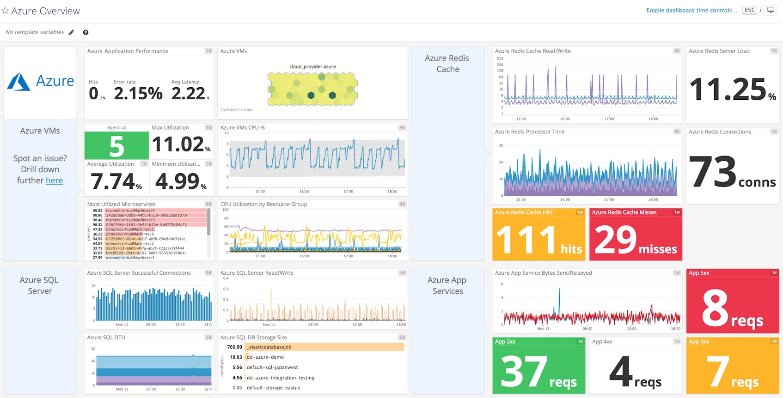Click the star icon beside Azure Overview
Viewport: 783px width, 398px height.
click(6, 11)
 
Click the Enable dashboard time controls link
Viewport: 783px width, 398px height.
click(691, 10)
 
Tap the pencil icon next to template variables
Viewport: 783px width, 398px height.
click(71, 32)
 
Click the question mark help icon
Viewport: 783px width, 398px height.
click(86, 32)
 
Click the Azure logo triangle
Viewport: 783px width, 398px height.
click(18, 82)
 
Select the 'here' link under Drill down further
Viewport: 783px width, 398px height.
click(54, 181)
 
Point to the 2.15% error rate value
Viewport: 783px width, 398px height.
click(138, 94)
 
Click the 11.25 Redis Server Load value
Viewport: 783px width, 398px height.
click(728, 90)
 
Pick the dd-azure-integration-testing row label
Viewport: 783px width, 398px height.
click(280, 378)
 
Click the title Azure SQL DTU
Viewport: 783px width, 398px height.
click(106, 338)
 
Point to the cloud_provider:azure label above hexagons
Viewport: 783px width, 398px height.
click(312, 66)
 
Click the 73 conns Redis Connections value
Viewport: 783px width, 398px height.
click(732, 172)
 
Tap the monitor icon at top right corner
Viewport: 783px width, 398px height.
click(771, 10)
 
